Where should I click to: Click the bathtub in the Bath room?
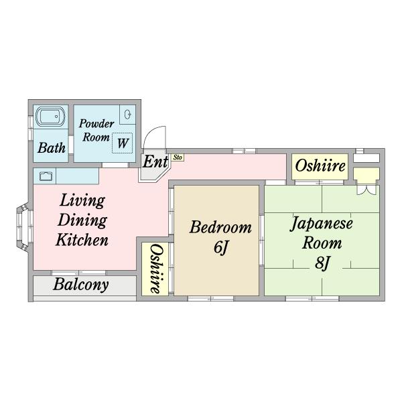coord(50,117)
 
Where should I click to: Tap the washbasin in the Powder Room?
coord(127,115)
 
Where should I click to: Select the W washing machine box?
coord(123,143)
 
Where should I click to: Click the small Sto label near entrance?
coord(178,157)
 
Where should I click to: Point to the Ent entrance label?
coord(155,161)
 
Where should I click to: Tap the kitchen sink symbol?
coord(46,176)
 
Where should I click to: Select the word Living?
coord(82,200)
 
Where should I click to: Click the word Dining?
coord(82,220)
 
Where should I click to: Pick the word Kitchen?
coord(82,240)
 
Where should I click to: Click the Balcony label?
coord(81,284)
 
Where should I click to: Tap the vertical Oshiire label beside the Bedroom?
coord(155,269)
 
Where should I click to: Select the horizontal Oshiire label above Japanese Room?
coord(320,166)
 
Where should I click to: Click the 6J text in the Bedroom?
coord(221,247)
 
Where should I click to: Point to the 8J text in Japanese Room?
coord(322,263)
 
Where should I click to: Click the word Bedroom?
coord(220,227)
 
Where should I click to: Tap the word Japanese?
coord(322,224)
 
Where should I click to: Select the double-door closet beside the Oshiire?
coord(366,181)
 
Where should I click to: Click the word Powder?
coord(96,123)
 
